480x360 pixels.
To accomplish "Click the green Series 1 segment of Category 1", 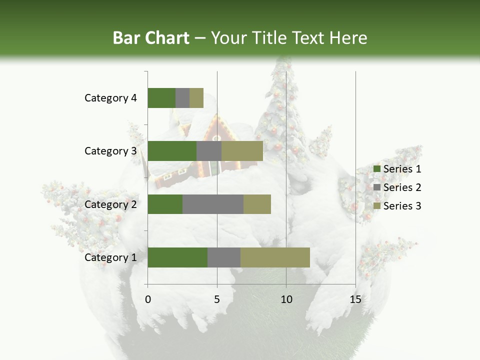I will click(177, 257).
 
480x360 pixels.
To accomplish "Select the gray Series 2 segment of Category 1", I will click(224, 257).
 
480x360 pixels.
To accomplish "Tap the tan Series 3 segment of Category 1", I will click(275, 257).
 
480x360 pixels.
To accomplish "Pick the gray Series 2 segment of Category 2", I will click(213, 204).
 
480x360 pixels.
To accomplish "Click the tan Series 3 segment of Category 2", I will click(257, 204).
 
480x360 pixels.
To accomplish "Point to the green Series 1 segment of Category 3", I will click(172, 151).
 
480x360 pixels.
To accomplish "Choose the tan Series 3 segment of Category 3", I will click(242, 151).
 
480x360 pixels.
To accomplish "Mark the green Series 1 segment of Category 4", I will click(161, 98).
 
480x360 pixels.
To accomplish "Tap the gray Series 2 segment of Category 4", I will click(182, 98).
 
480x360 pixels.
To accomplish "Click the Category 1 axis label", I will click(110, 257).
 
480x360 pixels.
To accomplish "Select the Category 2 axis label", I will click(110, 204).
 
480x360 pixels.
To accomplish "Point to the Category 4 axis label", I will click(110, 98).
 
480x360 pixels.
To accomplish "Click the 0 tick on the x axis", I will click(148, 299).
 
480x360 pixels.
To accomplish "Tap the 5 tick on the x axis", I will click(217, 299).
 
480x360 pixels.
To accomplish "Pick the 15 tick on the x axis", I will click(355, 299).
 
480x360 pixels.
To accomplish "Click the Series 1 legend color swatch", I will click(376, 169).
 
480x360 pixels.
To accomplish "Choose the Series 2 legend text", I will click(402, 187).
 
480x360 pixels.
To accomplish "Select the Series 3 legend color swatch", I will click(376, 206).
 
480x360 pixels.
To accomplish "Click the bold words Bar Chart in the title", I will click(150, 38).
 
